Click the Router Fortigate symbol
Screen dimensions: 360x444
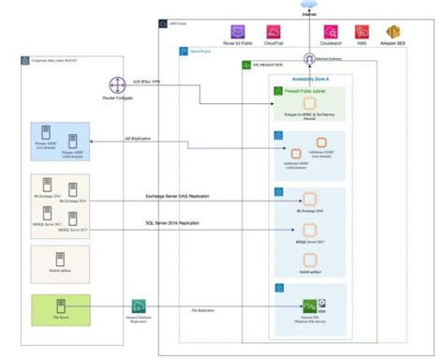tap(116, 85)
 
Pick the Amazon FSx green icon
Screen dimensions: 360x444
tap(308, 304)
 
